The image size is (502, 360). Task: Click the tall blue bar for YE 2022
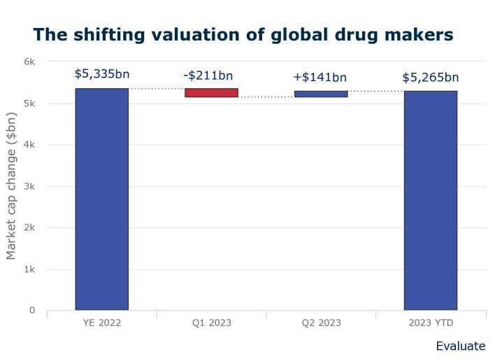point(101,199)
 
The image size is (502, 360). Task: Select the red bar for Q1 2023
point(211,92)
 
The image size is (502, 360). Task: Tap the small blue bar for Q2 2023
point(321,94)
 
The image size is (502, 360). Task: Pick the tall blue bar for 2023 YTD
point(430,200)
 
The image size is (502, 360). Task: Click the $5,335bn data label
point(102,73)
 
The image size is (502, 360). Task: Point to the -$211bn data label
point(208,75)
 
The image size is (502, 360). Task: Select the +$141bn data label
point(320,77)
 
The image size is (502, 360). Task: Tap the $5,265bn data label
point(431,77)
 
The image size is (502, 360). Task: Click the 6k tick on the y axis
point(29,62)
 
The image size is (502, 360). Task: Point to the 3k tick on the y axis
point(29,186)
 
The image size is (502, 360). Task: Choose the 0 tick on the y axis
point(31,310)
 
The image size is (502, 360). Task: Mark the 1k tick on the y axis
point(29,269)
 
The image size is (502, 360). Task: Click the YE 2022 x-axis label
point(101,323)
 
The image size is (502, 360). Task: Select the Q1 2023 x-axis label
point(211,323)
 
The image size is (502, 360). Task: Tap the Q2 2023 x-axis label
point(321,323)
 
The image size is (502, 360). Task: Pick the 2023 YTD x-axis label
point(430,323)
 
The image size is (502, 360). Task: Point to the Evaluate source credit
point(460,346)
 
